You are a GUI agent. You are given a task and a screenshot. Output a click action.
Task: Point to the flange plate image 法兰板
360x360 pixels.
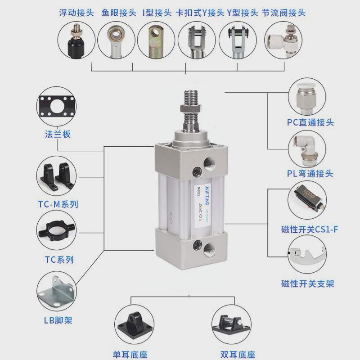click(x=57, y=108)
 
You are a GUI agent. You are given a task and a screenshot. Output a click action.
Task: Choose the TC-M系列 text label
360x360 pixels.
click(x=58, y=204)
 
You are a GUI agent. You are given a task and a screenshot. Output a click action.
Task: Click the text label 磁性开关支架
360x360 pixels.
click(x=308, y=284)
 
